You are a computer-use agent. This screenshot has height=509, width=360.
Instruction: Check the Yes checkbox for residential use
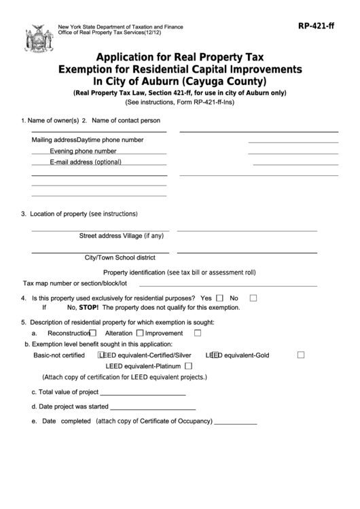pos(219,298)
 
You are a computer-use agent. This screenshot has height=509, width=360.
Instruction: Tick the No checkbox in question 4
pos(253,298)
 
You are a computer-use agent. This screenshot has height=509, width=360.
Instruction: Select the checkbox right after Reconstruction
pos(93,334)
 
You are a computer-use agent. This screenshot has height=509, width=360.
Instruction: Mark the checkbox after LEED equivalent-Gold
pos(301,355)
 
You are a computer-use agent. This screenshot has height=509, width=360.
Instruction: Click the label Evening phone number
pos(83,151)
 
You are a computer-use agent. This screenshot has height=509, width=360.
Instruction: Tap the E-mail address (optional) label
pos(86,162)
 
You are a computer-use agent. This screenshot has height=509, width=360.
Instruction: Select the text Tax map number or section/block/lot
pos(75,283)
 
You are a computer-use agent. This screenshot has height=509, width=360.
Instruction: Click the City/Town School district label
pos(120,258)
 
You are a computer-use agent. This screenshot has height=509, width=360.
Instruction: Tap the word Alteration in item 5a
pos(119,334)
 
